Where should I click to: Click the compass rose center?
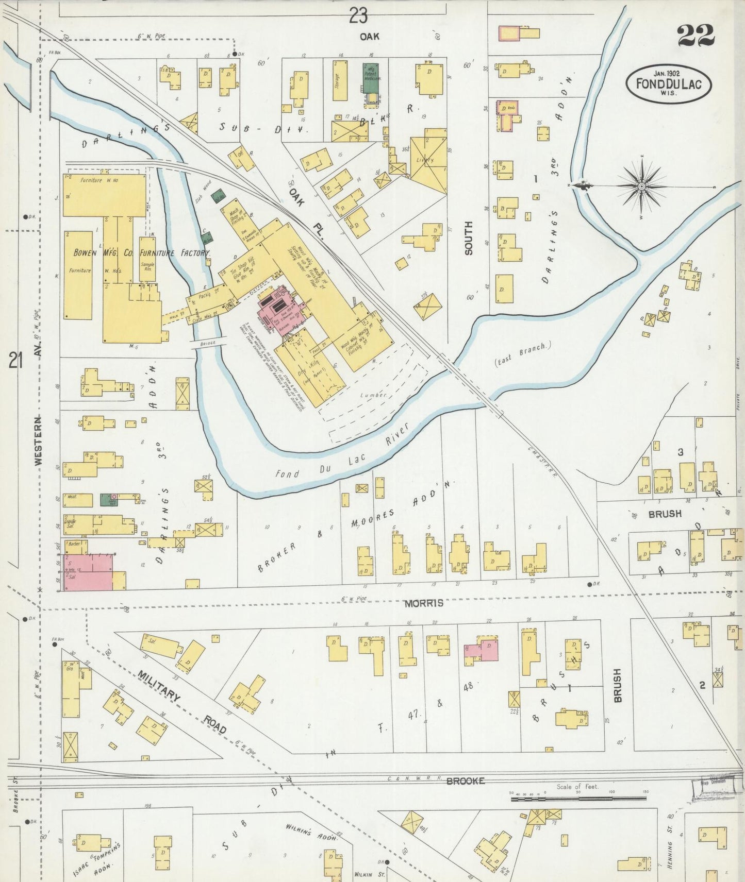pos(641,186)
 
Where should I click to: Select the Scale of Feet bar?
pos(577,799)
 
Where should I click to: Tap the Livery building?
pos(426,160)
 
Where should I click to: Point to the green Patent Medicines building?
pos(371,77)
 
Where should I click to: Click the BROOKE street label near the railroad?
pos(465,781)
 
